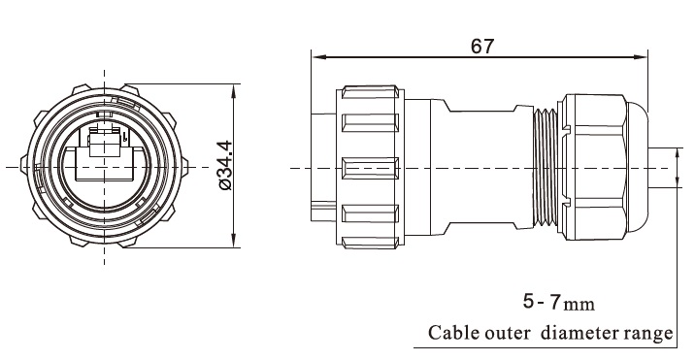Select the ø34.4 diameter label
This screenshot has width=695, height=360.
click(224, 165)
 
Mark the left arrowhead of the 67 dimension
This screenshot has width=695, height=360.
click(315, 54)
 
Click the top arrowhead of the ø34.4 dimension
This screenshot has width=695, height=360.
click(237, 87)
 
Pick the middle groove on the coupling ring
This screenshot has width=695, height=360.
click(370, 167)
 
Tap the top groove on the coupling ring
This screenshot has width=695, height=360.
click(370, 124)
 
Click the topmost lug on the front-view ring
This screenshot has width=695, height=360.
click(104, 85)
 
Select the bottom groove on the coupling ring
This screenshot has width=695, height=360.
click(370, 211)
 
